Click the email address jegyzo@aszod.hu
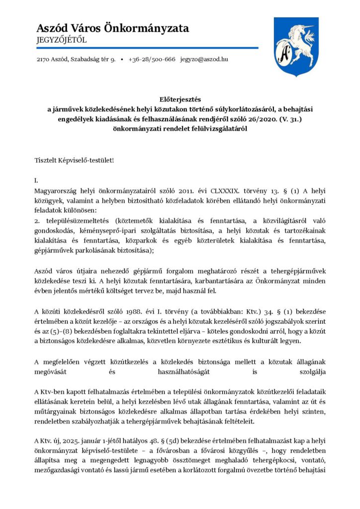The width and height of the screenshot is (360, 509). pos(204,59)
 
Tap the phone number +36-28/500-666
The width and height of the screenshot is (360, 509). pos(152,59)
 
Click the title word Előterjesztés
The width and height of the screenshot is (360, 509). pos(180,99)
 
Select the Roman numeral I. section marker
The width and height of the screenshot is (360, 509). pos(36,180)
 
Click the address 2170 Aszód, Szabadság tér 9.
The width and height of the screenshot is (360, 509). pos(76,59)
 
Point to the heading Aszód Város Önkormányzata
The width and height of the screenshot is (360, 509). pos(112,28)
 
